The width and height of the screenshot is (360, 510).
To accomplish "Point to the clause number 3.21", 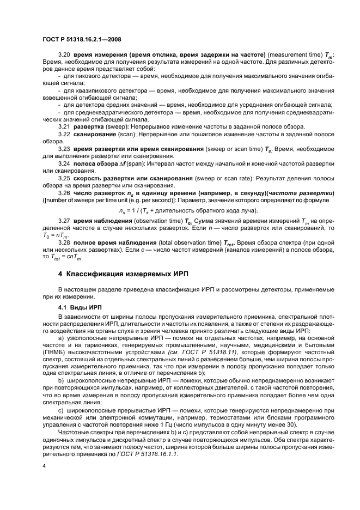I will pyautogui.click(x=64, y=126).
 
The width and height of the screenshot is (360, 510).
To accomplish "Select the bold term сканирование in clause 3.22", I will pyautogui.click(x=94, y=133).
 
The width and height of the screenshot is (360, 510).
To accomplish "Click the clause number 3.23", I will pyautogui.click(x=64, y=148).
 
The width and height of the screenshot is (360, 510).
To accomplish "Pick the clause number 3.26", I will pyautogui.click(x=64, y=193).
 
